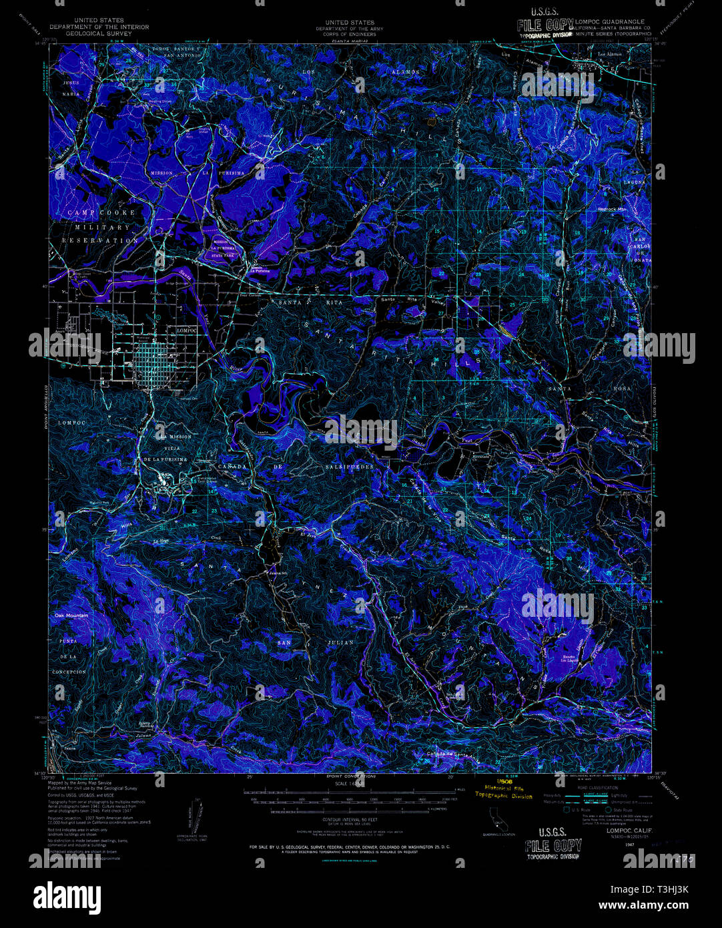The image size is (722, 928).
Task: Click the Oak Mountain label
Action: tap(71, 615)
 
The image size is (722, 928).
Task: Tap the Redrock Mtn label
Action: tap(613, 209)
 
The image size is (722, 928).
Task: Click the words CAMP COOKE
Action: tap(101, 212)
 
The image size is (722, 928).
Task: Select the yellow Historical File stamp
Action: tap(504, 788)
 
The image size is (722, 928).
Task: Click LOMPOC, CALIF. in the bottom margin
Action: tap(629, 831)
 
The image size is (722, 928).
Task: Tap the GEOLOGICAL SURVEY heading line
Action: tap(99, 33)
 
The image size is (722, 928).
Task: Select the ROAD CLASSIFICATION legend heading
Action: tap(596, 788)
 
